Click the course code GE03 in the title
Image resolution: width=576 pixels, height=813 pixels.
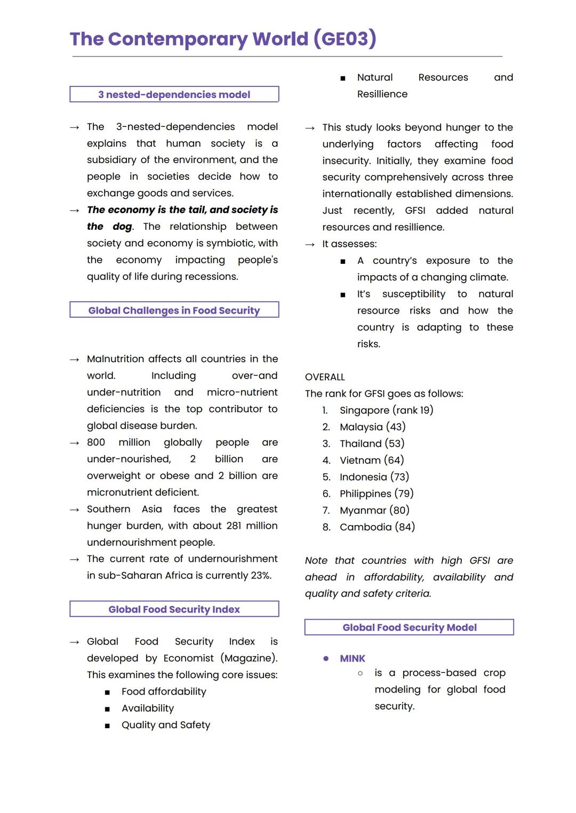click(345, 39)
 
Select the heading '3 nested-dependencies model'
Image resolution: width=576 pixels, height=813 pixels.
click(174, 94)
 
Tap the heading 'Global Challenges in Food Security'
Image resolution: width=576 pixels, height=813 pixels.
click(174, 310)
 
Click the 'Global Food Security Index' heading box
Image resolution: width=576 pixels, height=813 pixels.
click(174, 609)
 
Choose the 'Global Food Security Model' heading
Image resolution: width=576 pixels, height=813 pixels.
click(409, 627)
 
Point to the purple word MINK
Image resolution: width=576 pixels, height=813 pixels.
click(353, 658)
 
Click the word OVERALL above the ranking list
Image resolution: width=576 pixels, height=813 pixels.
click(325, 377)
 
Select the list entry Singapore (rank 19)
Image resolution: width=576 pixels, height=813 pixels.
click(386, 410)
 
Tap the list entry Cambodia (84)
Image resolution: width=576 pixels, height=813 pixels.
click(377, 527)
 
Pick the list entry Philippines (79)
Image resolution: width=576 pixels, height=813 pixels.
click(377, 494)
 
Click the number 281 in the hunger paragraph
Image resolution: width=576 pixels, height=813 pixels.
click(234, 526)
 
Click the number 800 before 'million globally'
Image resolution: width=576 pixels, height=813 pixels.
click(96, 442)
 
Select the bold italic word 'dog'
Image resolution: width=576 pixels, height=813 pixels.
click(122, 227)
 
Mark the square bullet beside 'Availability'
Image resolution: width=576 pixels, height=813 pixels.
click(107, 709)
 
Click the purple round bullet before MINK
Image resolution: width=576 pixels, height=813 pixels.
click(326, 658)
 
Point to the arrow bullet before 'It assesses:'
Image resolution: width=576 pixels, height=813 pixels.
click(310, 244)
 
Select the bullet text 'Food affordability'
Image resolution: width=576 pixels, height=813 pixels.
click(164, 691)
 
